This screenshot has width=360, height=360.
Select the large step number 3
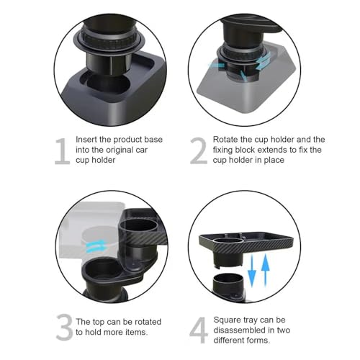(65, 328)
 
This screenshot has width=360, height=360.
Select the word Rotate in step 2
(229, 139)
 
